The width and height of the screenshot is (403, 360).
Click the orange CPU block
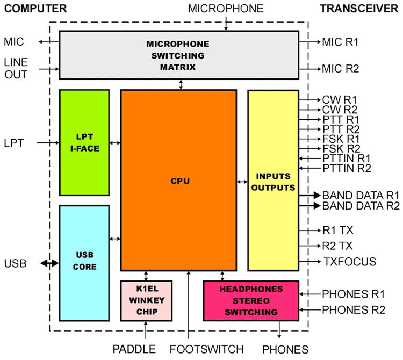tap(178, 180)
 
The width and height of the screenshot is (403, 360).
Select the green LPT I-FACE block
tap(84, 142)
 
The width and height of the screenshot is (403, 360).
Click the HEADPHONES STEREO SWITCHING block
tap(251, 300)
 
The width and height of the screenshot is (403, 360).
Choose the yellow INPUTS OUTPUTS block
tap(273, 180)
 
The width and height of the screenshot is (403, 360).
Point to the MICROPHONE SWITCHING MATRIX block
tap(178, 55)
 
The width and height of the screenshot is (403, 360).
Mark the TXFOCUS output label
tap(349, 262)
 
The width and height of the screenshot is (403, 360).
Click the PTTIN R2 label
tap(347, 169)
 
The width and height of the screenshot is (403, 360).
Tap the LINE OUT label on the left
tap(16, 69)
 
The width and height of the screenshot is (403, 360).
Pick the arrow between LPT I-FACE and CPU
tap(115, 143)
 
